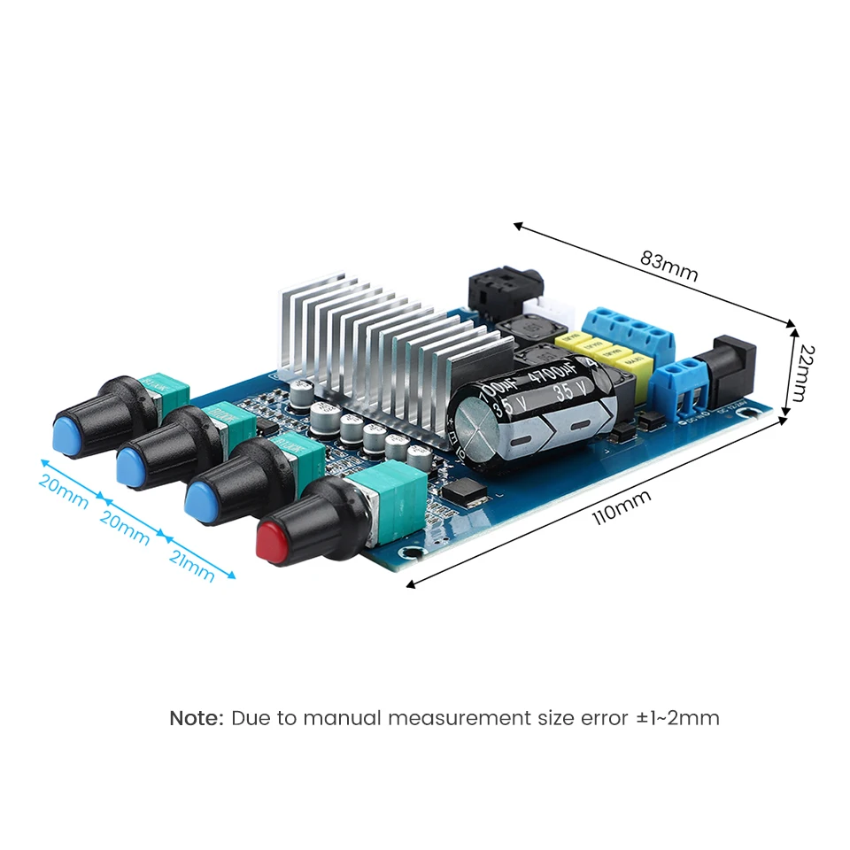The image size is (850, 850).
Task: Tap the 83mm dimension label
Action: (668, 267)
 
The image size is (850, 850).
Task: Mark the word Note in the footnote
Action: (196, 717)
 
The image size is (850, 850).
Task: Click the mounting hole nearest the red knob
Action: (412, 552)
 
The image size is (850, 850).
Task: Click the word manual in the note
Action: (344, 717)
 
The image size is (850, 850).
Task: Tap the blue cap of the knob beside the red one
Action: (203, 503)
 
